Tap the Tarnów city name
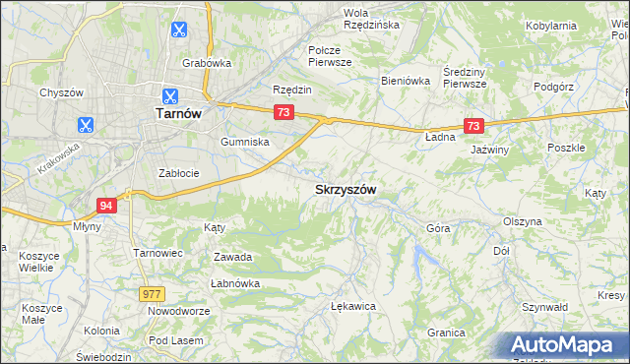[x=178, y=113]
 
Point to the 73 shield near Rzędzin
[x=283, y=113]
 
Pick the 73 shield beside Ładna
[x=473, y=126]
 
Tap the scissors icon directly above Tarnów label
[x=169, y=95]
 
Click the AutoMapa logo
[x=567, y=344]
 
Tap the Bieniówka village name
[x=406, y=81]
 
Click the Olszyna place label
[x=522, y=221]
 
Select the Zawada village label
[x=233, y=257]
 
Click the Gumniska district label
[x=245, y=142]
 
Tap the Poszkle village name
[x=566, y=147]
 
